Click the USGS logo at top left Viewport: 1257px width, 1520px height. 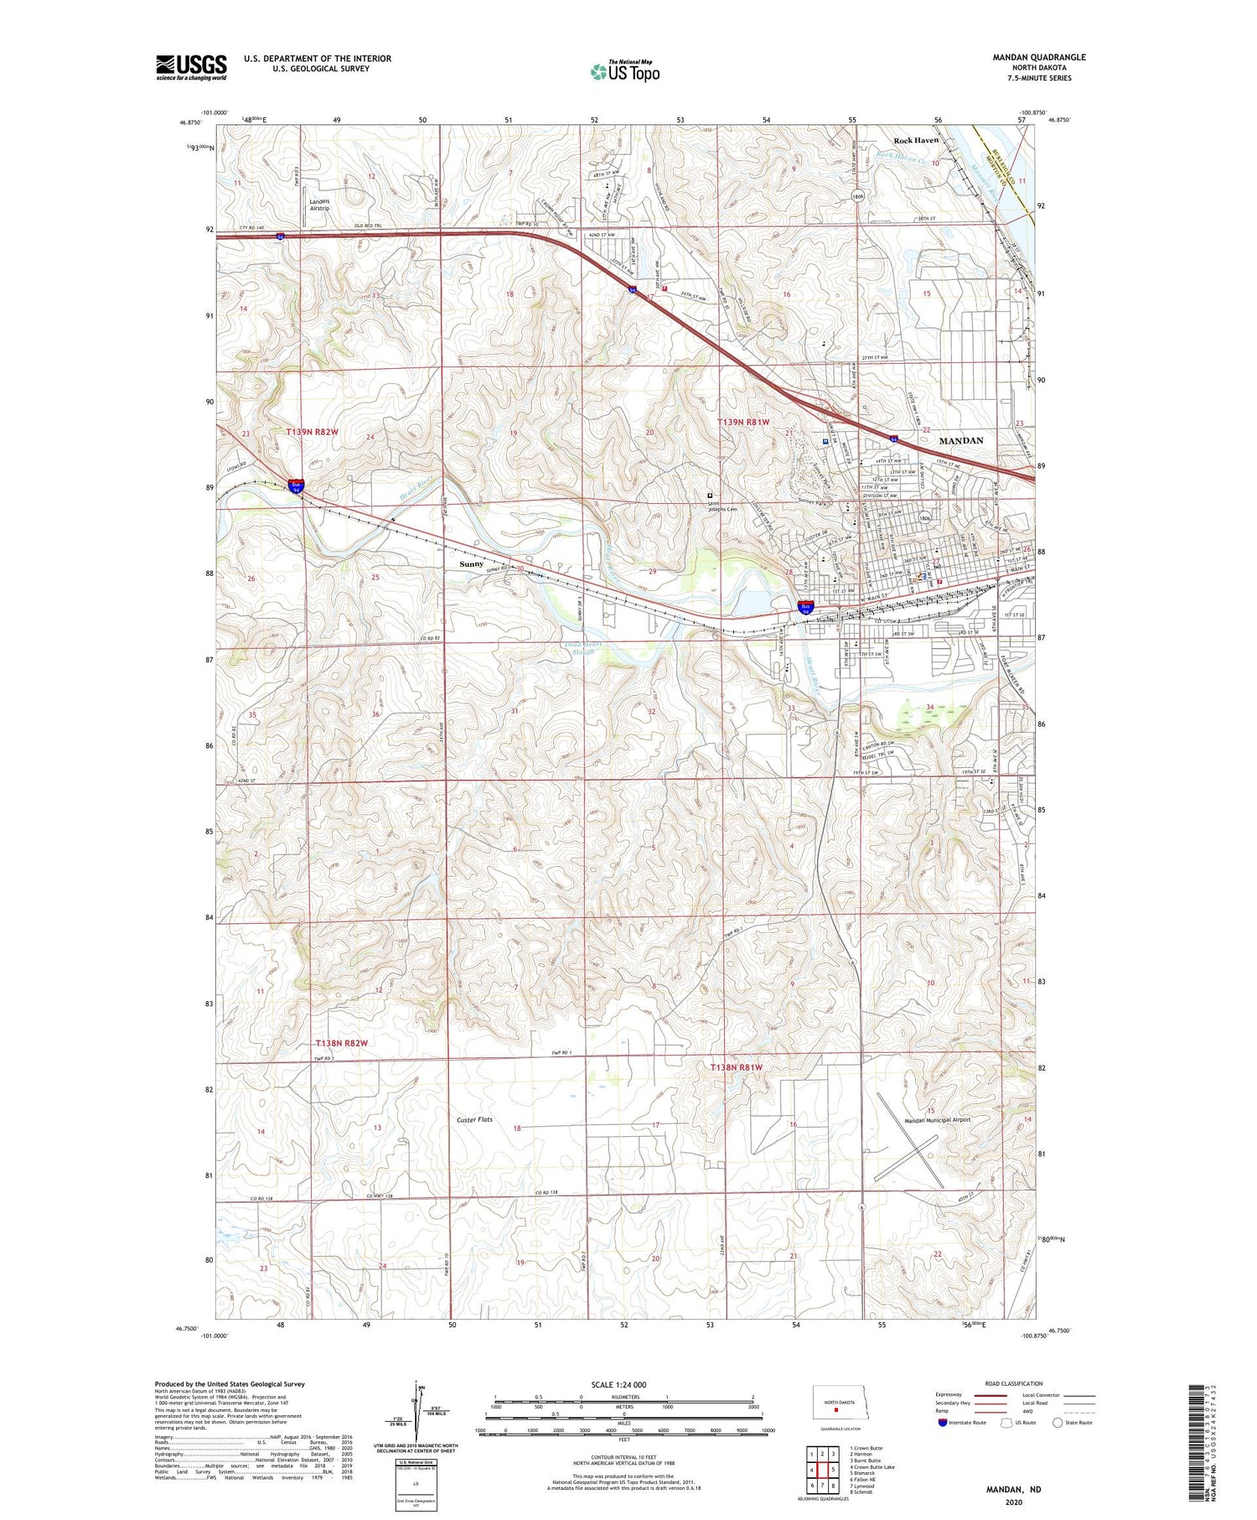pyautogui.click(x=191, y=67)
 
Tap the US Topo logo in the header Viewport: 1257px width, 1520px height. pyautogui.click(x=625, y=72)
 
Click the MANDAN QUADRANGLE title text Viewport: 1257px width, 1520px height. pyautogui.click(x=1038, y=57)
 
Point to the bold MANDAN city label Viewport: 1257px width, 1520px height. pyautogui.click(x=960, y=440)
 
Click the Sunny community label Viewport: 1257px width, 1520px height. pyautogui.click(x=472, y=564)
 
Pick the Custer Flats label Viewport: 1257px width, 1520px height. pyautogui.click(x=474, y=1119)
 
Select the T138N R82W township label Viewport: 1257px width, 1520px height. pyautogui.click(x=341, y=1043)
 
